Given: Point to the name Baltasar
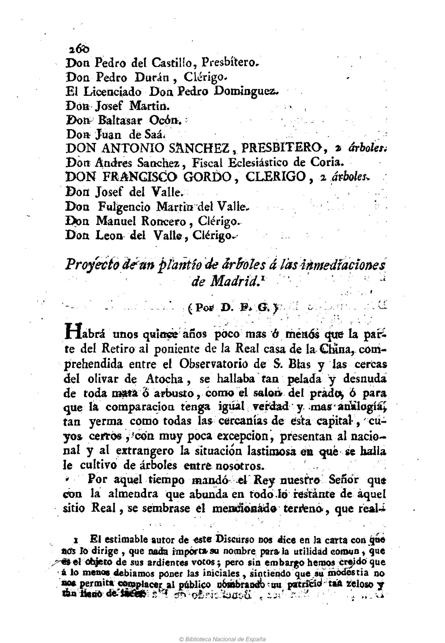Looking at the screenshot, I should point(120,120).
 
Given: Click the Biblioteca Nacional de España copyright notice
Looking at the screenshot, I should point(222,631).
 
